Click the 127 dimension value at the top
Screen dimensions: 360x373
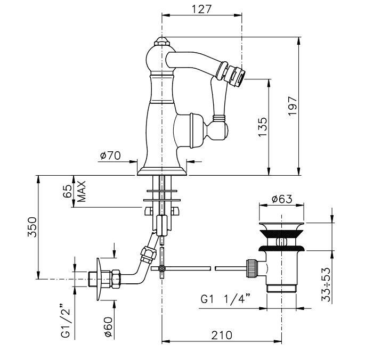pos(202,10)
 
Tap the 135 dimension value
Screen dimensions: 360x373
pos(262,127)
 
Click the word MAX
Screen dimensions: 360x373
pos(82,192)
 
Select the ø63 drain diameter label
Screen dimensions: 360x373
pos(281,199)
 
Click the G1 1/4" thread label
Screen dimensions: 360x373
pos(223,299)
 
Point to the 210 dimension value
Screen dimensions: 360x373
pos(221,336)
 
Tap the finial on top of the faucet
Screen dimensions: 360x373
pos(161,40)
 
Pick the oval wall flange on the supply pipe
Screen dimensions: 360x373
pos(99,279)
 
